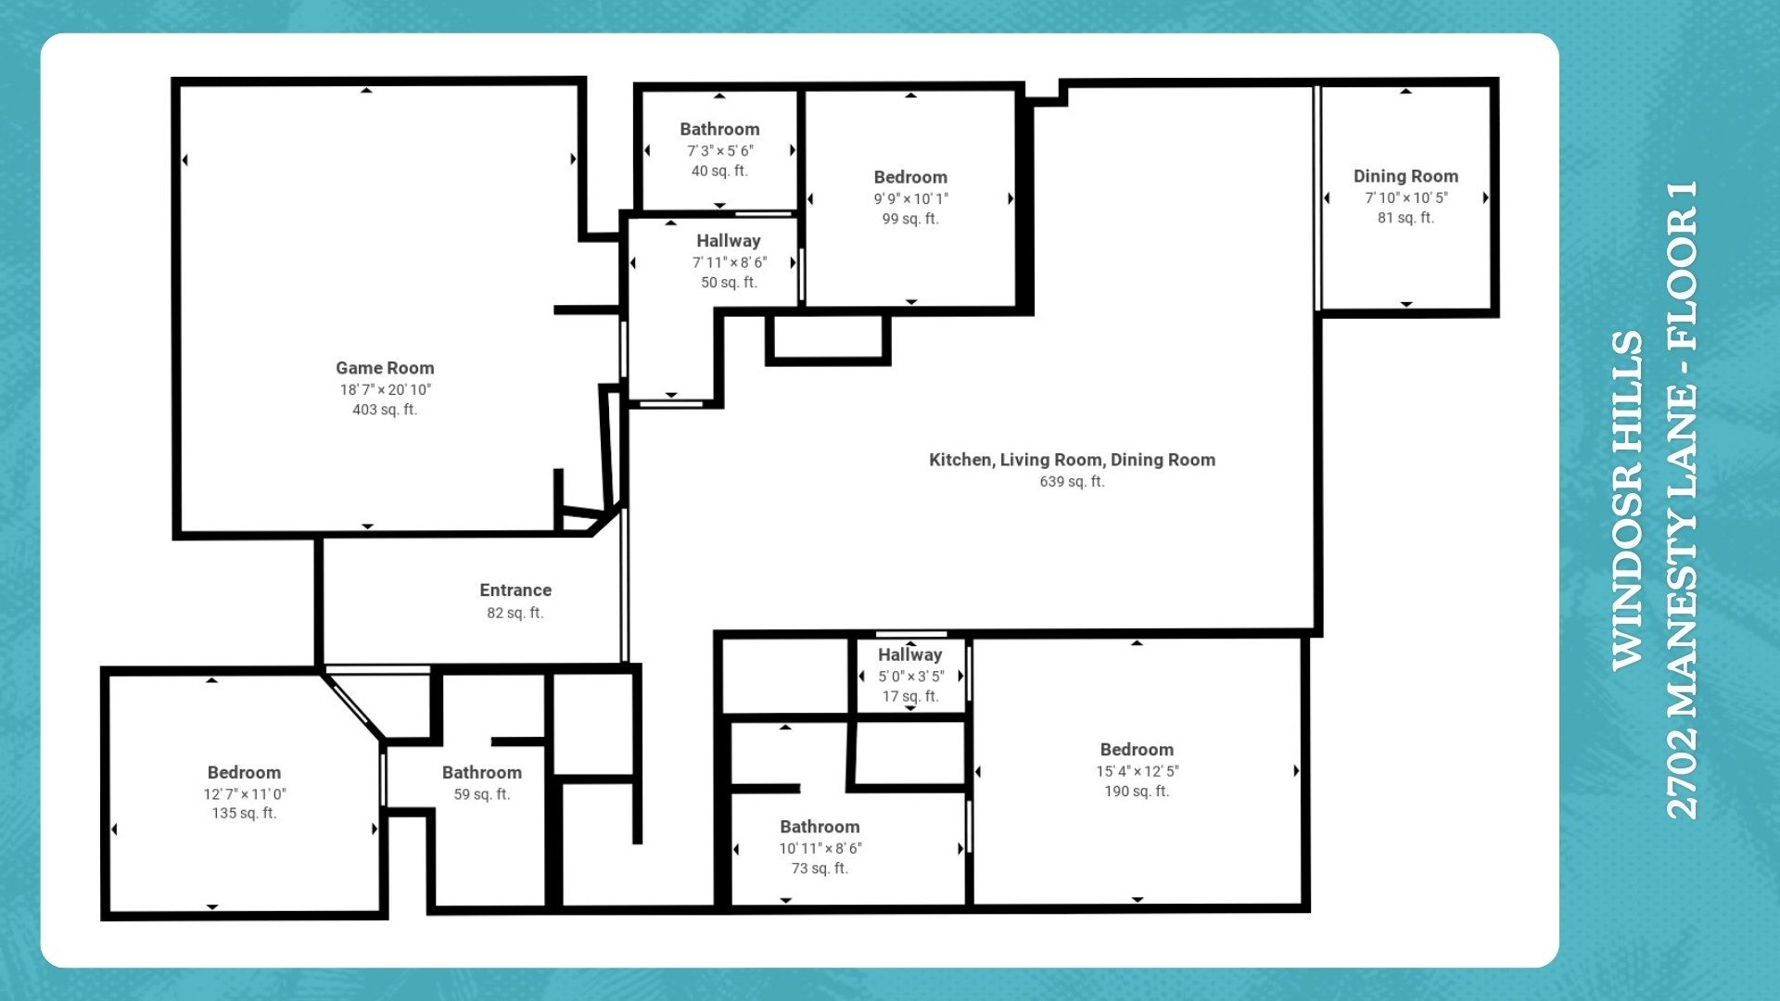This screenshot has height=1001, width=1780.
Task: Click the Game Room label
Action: (x=385, y=368)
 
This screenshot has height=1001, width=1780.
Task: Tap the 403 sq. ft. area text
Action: (x=385, y=410)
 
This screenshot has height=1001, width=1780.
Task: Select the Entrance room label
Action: (x=515, y=590)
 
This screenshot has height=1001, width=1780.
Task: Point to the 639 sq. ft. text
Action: (x=1072, y=482)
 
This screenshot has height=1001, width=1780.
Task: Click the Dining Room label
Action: (x=1405, y=176)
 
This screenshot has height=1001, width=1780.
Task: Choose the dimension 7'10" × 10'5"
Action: (x=1405, y=197)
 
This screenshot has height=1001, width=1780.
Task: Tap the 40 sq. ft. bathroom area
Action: (x=719, y=171)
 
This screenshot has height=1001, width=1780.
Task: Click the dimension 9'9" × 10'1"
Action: (x=910, y=198)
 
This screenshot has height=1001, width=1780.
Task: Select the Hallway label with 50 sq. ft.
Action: (x=729, y=241)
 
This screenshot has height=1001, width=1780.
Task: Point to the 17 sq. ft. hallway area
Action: (x=910, y=696)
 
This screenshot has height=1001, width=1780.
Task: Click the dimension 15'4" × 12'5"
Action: (x=1137, y=771)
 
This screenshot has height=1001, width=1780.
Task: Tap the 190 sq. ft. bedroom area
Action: (x=1137, y=792)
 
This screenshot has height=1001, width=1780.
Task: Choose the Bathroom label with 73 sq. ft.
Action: (x=820, y=827)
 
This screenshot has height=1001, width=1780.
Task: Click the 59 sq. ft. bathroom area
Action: (x=482, y=794)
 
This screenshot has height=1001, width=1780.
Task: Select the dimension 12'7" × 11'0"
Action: (x=245, y=794)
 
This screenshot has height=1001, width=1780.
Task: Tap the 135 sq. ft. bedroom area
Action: (x=245, y=814)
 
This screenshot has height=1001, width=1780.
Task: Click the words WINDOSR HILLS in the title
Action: (x=1628, y=500)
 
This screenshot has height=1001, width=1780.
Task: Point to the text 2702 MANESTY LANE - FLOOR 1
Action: (x=1682, y=500)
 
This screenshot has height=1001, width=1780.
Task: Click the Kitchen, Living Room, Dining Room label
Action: (x=1072, y=460)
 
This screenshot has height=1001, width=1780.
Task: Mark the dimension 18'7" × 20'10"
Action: (x=385, y=390)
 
